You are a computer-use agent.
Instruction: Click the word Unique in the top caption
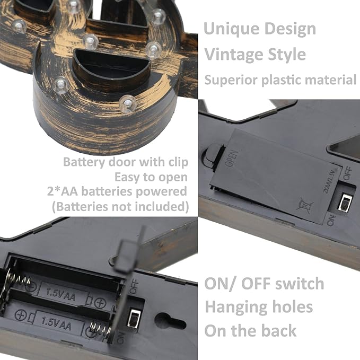pyautogui.click(x=231, y=29)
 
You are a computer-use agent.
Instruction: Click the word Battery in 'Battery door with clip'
pyautogui.click(x=84, y=163)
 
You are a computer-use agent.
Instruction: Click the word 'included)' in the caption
pyautogui.click(x=162, y=206)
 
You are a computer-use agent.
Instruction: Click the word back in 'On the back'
pyautogui.click(x=279, y=331)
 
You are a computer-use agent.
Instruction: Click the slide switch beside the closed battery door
pyautogui.click(x=344, y=202)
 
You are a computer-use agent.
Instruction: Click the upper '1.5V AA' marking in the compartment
pyautogui.click(x=60, y=295)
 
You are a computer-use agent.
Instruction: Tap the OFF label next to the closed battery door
pyautogui.click(x=348, y=173)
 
